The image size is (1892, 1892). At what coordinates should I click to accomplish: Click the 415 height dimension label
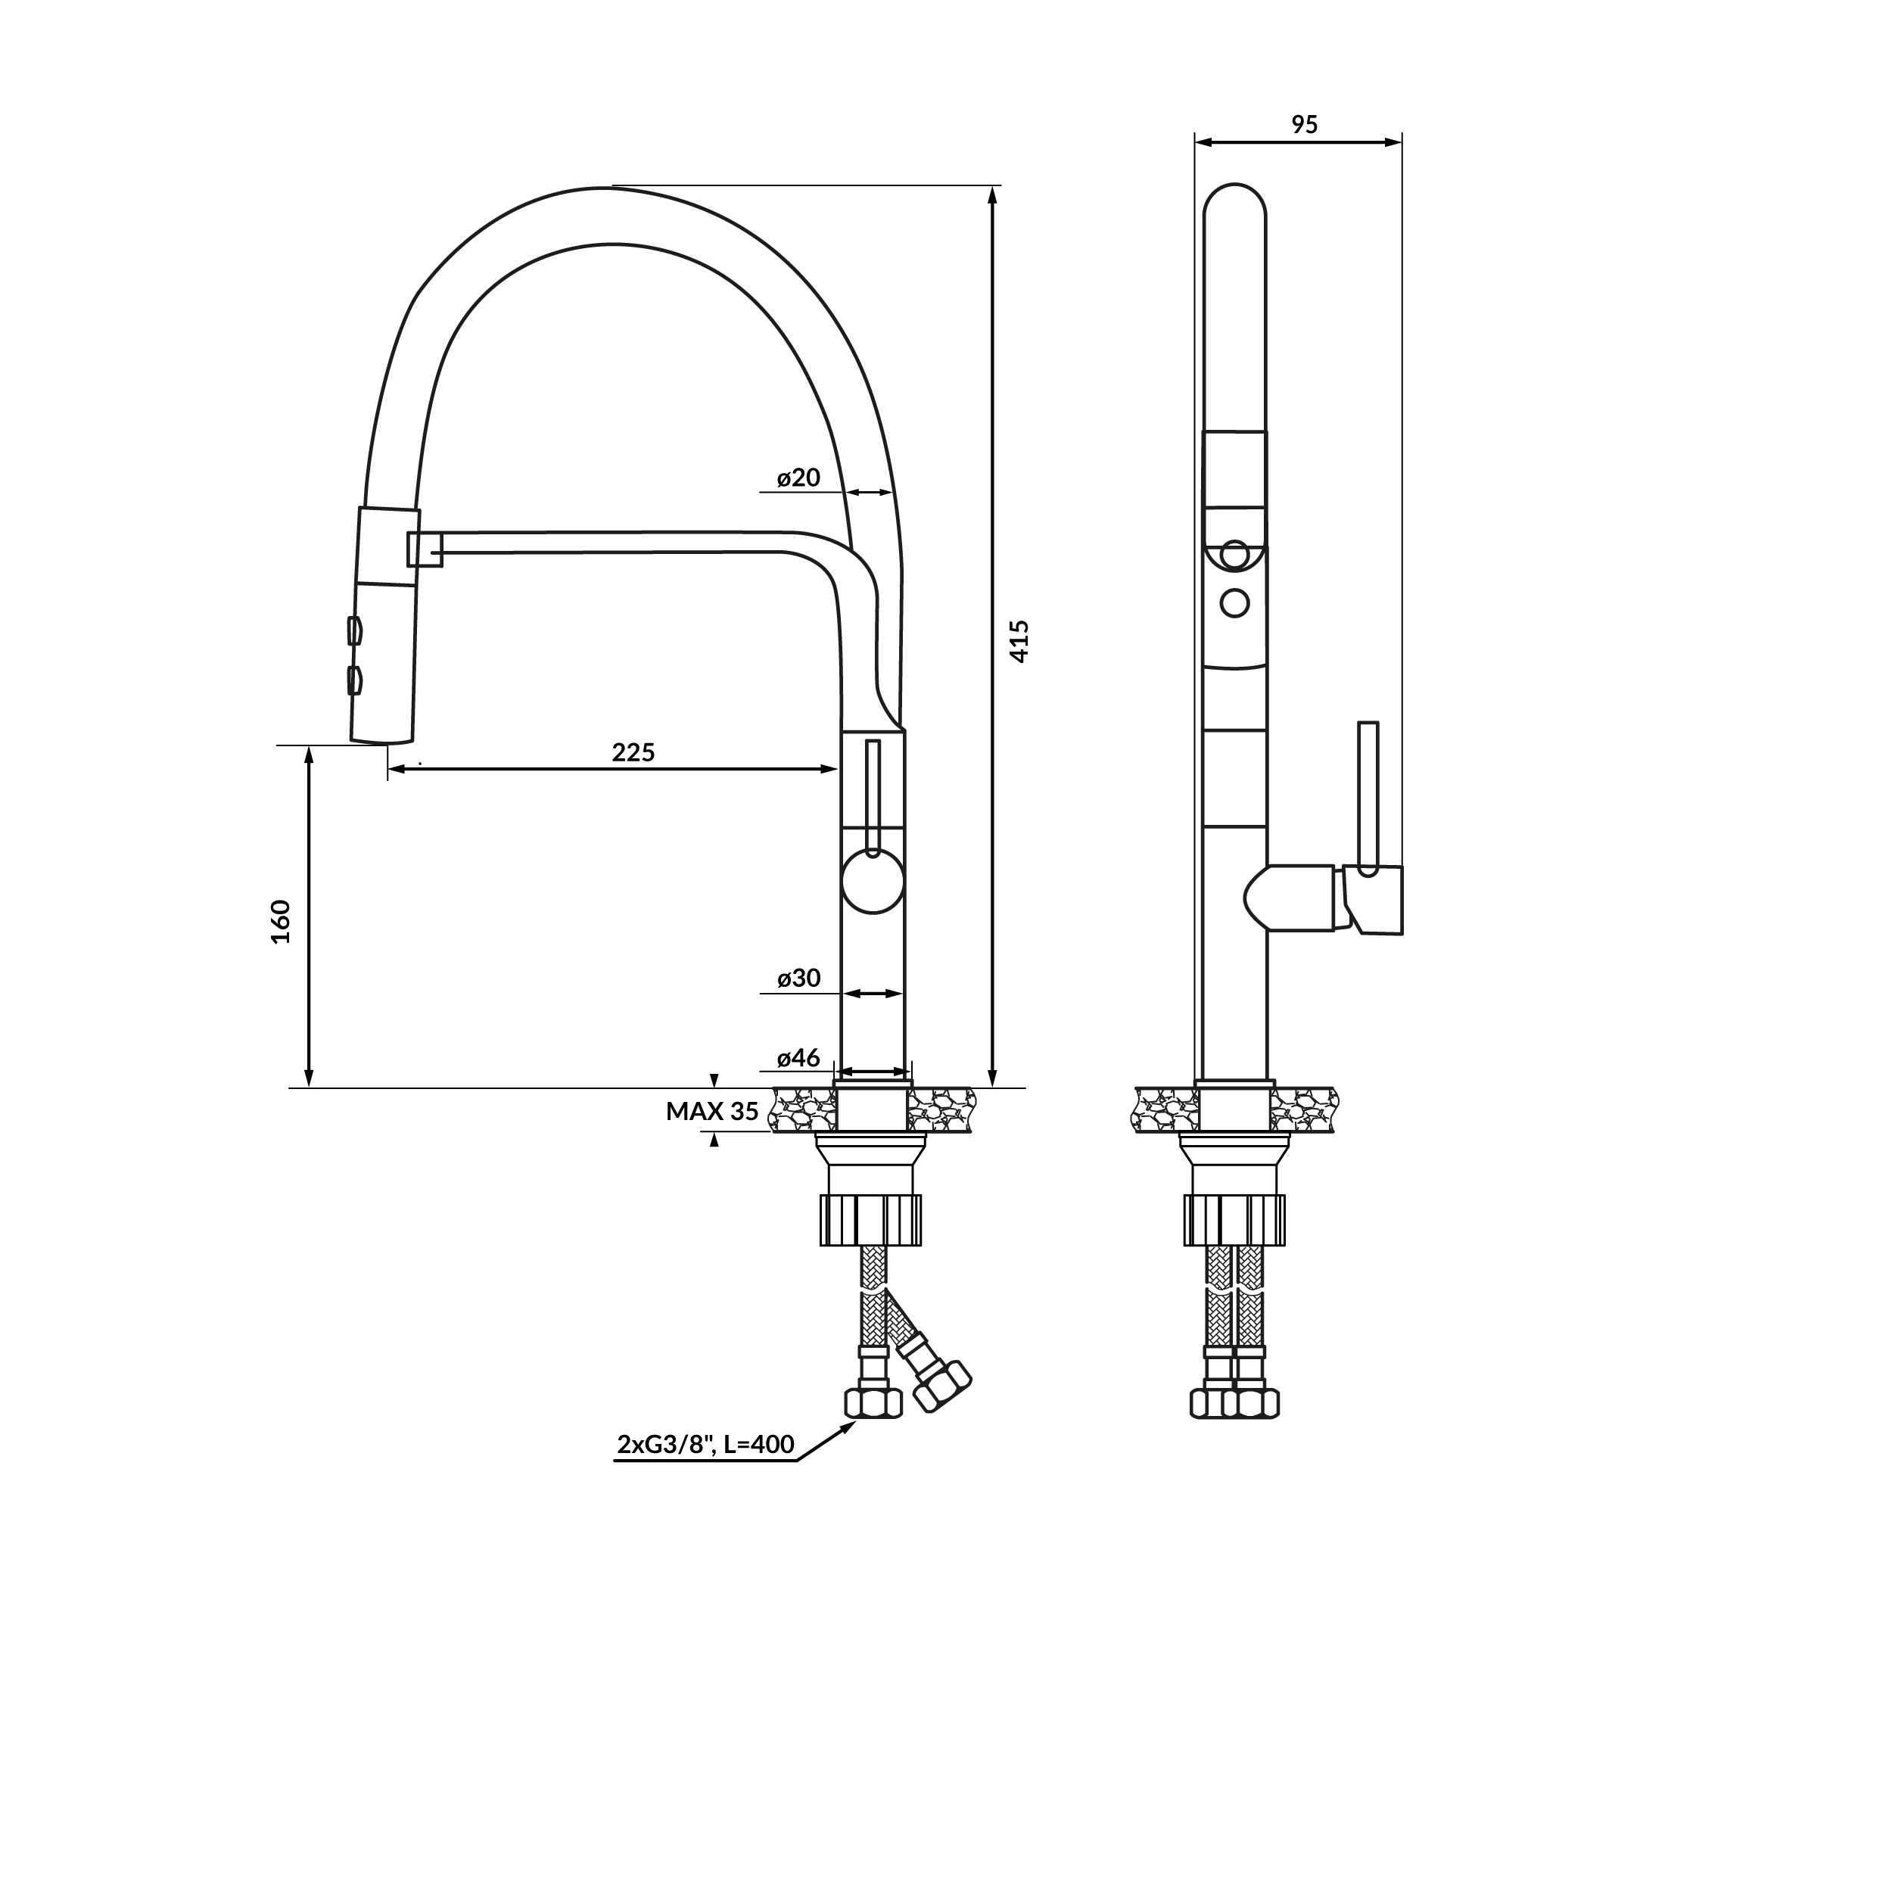[x=1019, y=642]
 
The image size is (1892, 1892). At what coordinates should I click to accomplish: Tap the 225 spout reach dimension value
[x=633, y=752]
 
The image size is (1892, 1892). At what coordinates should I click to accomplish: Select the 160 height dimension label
[x=281, y=922]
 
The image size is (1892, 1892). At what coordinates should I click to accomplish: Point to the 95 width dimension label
[x=1305, y=124]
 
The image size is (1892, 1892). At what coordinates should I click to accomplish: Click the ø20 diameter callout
[x=798, y=478]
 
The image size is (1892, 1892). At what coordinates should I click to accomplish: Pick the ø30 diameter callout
[x=798, y=979]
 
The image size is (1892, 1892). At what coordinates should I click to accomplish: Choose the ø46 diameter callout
[x=798, y=1059]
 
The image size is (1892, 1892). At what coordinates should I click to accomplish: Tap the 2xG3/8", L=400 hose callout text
[x=705, y=1445]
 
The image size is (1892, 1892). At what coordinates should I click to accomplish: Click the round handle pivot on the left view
[x=872, y=882]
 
